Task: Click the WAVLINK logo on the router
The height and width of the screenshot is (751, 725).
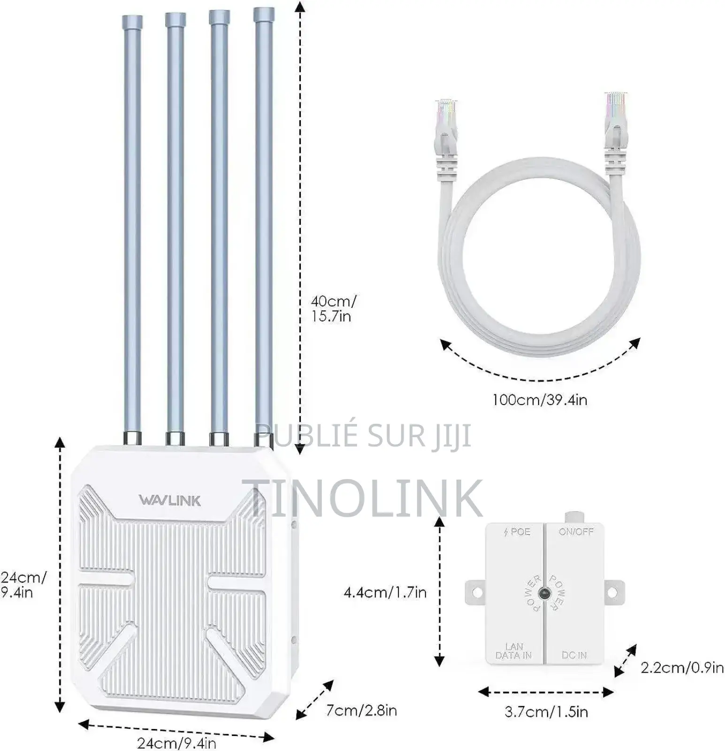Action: point(169,500)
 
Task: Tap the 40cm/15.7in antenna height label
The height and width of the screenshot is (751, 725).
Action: point(333,308)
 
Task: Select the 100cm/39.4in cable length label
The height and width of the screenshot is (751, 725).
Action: point(540,400)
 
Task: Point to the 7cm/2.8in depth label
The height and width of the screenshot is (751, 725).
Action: point(361,710)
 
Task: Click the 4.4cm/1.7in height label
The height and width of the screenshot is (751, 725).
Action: point(385,592)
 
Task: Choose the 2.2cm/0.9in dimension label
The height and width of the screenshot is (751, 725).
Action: point(682,667)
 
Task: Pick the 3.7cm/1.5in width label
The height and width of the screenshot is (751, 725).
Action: point(546,712)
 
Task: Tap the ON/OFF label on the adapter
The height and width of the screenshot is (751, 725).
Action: point(576,532)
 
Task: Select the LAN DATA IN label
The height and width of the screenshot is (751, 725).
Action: point(514,651)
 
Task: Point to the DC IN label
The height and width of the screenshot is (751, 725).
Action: point(574,655)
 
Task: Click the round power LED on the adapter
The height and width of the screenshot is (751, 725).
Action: point(544,593)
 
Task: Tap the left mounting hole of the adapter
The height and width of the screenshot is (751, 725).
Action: point(477,592)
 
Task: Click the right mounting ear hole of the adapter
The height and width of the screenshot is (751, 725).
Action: point(612,592)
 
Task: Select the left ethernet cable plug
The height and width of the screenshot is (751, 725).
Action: point(446,127)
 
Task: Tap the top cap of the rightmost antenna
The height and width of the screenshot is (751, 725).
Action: point(264,14)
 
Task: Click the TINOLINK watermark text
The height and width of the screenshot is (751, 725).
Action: point(362,498)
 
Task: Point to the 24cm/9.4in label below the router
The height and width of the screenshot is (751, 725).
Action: point(176,743)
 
